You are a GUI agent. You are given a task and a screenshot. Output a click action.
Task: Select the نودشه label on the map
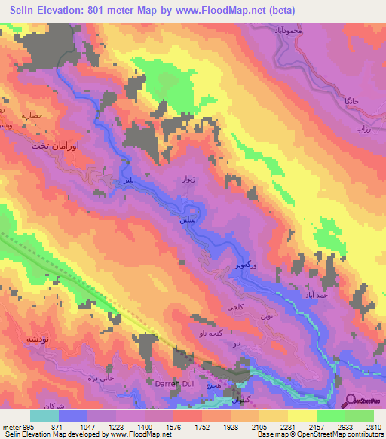click(x=17, y=339)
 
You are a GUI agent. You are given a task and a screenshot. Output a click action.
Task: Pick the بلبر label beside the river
click(x=131, y=181)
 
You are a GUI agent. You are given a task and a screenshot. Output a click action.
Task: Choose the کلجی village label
click(x=235, y=308)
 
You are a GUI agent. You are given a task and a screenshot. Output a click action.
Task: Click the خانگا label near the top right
click(x=351, y=100)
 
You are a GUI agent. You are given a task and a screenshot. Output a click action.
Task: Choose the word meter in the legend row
click(x=11, y=427)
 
